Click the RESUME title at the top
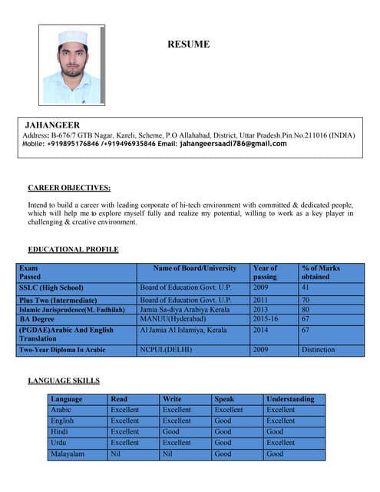tap(188, 45)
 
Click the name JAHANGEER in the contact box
tap(52, 125)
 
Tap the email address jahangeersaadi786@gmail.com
tap(233, 144)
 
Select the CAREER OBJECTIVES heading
tap(69, 188)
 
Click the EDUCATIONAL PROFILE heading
tap(73, 250)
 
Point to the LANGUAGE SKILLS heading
tap(64, 381)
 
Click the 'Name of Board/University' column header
tap(195, 268)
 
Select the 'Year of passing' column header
tap(265, 272)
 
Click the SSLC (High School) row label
tap(51, 288)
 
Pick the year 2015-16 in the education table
tap(266, 318)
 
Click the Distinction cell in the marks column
tap(319, 350)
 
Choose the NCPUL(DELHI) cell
tap(166, 350)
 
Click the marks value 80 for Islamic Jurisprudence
tap(306, 309)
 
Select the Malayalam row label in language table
tap(68, 454)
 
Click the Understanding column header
tap(290, 399)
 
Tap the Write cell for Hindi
tap(172, 432)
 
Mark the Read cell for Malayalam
tap(116, 454)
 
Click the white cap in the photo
tap(72, 38)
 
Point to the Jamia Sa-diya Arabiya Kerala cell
tap(184, 309)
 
